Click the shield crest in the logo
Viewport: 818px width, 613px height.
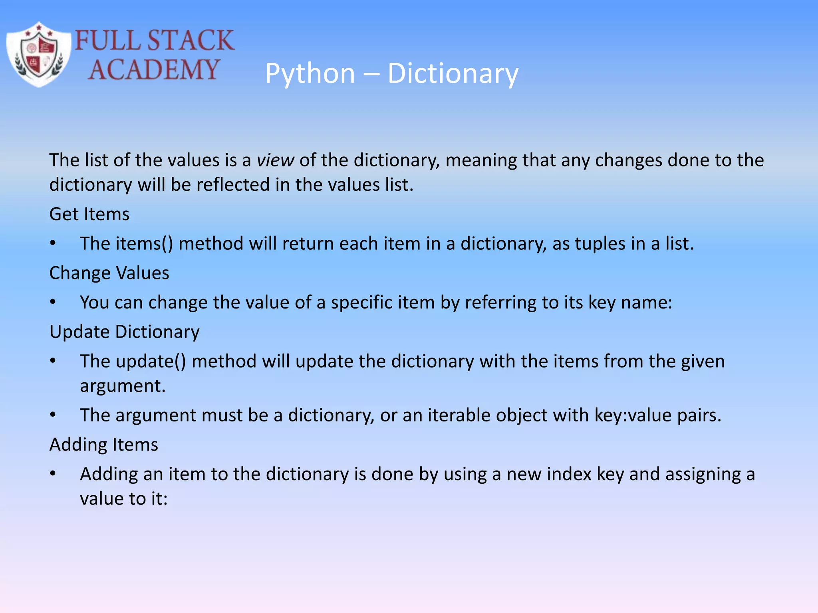tap(39, 55)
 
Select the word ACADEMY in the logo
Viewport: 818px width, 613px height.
tap(154, 70)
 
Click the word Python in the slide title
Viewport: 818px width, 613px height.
tap(310, 74)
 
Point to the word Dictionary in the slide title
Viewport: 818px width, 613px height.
tap(453, 74)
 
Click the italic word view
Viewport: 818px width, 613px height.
tap(275, 160)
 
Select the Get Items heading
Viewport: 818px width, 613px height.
tap(89, 214)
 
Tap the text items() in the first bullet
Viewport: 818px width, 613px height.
tap(144, 244)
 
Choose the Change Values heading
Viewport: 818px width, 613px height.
tap(109, 273)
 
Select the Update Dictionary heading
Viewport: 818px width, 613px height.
tap(124, 332)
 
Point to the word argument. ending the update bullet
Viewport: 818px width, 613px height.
tap(123, 386)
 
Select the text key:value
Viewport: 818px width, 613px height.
tap(632, 415)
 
